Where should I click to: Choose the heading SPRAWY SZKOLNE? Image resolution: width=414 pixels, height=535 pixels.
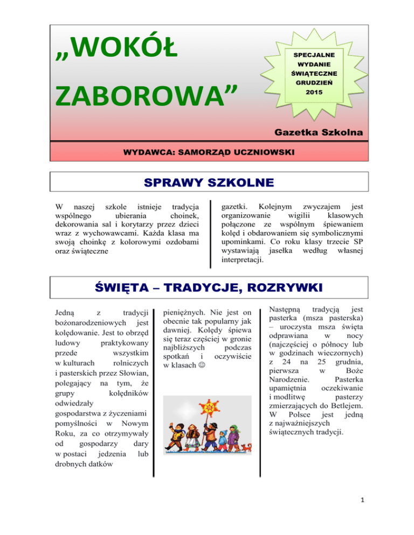pos(208,184)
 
